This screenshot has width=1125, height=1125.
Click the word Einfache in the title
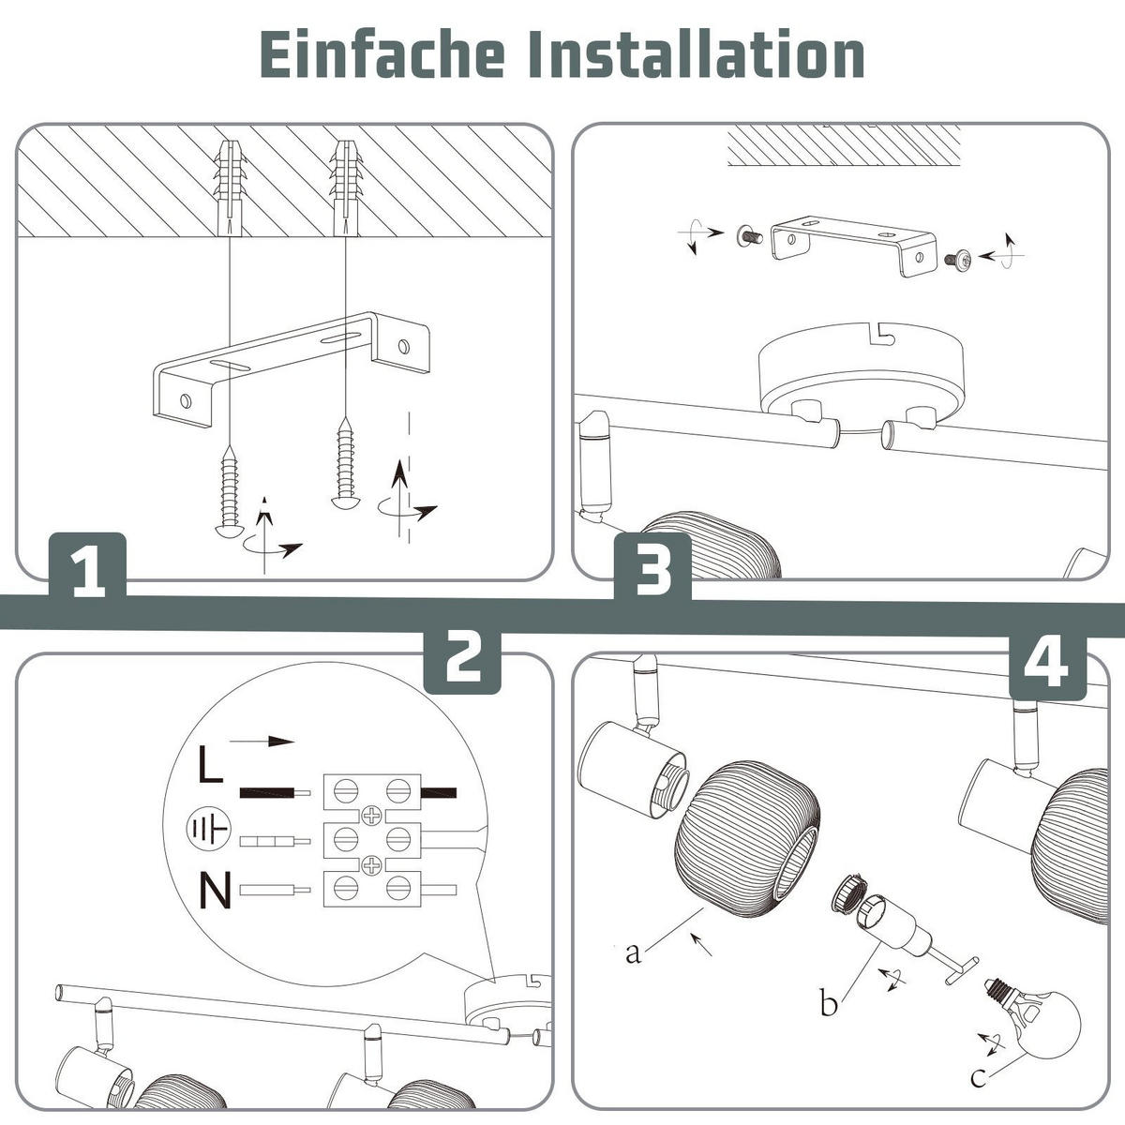382,55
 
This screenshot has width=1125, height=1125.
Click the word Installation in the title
697,55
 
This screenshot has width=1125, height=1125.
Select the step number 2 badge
462,660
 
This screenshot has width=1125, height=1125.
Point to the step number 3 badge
652,568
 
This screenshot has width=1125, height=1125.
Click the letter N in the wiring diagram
216,892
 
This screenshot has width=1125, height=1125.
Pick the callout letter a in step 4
634,953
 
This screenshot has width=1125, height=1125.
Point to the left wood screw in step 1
230,491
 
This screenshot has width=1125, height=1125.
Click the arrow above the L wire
262,742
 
